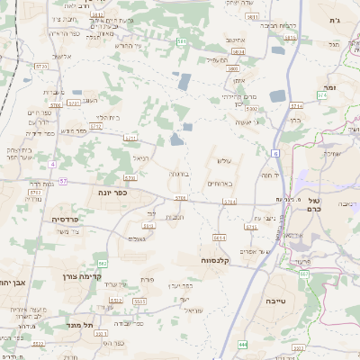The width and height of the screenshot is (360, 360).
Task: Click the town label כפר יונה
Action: tap(113, 193)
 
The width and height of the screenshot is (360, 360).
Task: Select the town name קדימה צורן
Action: tap(77, 277)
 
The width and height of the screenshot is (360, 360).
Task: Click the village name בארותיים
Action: tap(219, 183)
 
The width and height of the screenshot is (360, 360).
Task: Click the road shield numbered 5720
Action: tap(41, 67)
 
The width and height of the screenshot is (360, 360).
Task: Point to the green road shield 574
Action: tap(323, 94)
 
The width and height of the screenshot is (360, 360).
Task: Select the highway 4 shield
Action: tap(52, 164)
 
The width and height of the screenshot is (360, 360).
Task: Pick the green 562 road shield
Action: tap(103, 263)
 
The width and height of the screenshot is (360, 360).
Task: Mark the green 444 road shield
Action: tap(243, 344)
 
